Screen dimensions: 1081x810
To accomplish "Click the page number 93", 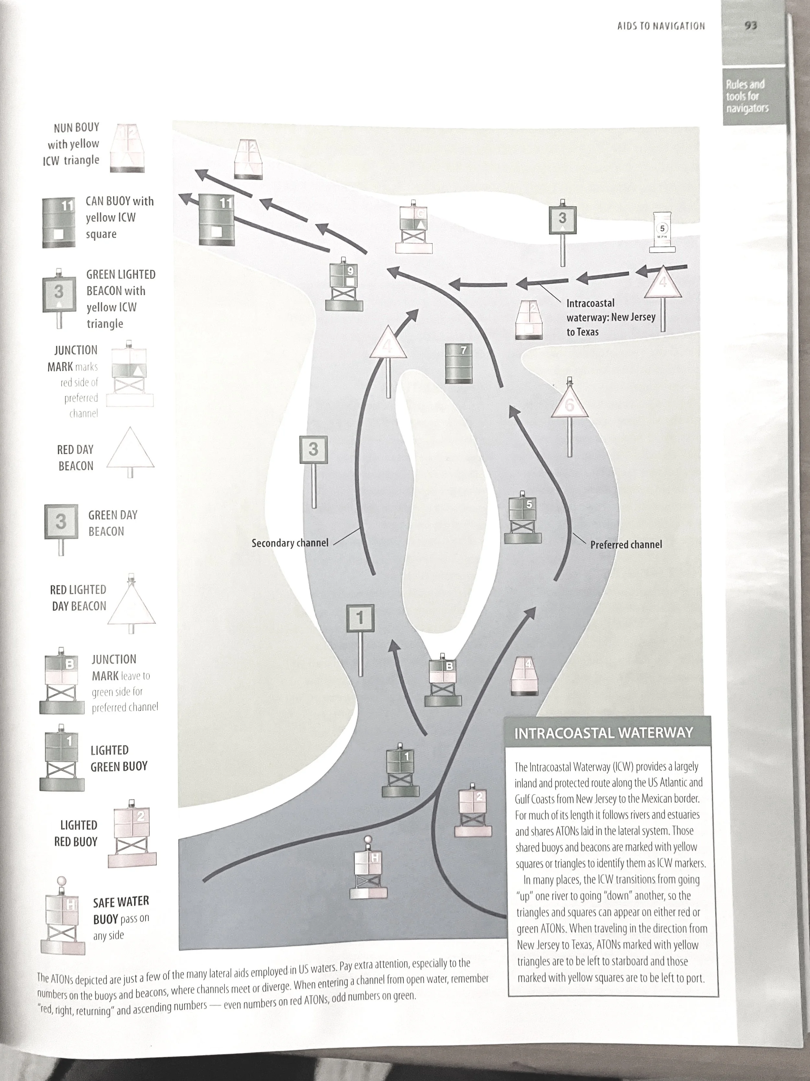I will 750,25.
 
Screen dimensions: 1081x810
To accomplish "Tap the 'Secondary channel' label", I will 290,543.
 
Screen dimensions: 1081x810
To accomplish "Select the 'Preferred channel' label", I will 626,545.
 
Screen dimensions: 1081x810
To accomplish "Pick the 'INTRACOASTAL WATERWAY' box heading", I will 604,733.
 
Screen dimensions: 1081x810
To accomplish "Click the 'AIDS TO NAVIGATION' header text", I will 661,26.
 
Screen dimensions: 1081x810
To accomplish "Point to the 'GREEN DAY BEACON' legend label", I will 113,523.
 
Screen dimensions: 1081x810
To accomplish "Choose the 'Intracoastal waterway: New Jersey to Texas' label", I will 610,317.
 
